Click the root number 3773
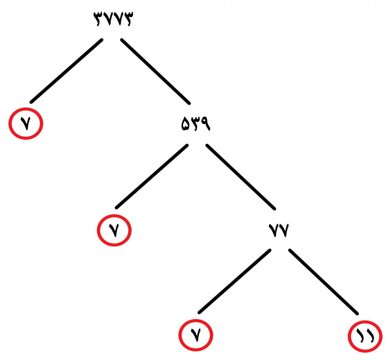pyautogui.click(x=113, y=19)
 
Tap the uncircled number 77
pyautogui.click(x=278, y=230)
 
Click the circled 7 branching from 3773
pyautogui.click(x=26, y=123)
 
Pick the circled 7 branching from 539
pyautogui.click(x=114, y=230)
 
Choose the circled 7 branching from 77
pyautogui.click(x=196, y=335)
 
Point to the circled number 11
pyautogui.click(x=365, y=336)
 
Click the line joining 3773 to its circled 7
pyautogui.click(x=66, y=71)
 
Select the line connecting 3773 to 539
pyautogui.click(x=155, y=71)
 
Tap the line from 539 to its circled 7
pyautogui.click(x=152, y=177)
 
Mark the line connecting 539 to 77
pyautogui.click(x=241, y=177)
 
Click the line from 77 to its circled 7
pyautogui.click(x=234, y=281)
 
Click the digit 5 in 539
pyautogui.click(x=186, y=125)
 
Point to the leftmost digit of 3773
pyautogui.click(x=98, y=19)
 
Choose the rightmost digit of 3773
pyautogui.click(x=128, y=19)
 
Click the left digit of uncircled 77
pyautogui.click(x=273, y=230)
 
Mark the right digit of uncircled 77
pyautogui.click(x=284, y=230)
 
